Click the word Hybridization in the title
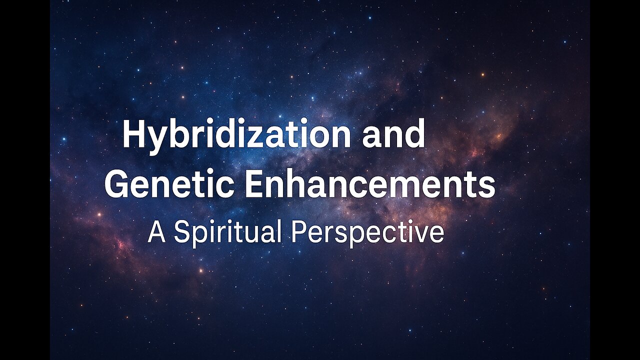click(x=236, y=135)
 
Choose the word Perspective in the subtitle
click(x=367, y=233)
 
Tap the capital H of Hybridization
click(x=134, y=133)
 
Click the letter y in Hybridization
click(x=158, y=141)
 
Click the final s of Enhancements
click(x=487, y=188)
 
